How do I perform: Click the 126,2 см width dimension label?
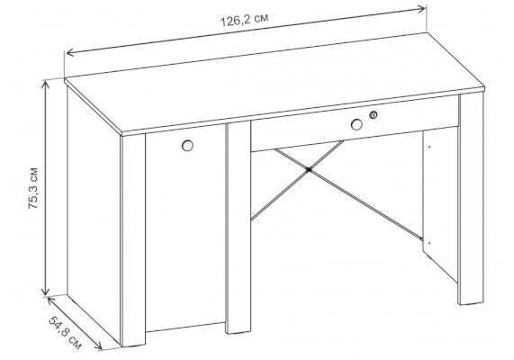(244, 20)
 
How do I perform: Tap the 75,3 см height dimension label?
(33, 188)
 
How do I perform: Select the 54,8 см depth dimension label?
(65, 332)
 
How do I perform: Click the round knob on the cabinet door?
(187, 146)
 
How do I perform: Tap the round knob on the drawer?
(356, 124)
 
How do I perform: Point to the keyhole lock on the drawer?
(373, 115)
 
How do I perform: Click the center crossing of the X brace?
(308, 169)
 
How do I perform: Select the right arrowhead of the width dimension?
(422, 8)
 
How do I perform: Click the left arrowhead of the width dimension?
(70, 52)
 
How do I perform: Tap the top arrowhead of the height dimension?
(45, 84)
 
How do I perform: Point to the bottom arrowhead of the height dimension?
(45, 291)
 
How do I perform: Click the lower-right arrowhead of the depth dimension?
(99, 346)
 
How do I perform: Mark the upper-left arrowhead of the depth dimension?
(50, 300)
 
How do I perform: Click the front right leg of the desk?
(472, 199)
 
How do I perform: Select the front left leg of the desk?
(133, 240)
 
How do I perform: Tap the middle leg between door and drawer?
(239, 227)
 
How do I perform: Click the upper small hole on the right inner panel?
(429, 147)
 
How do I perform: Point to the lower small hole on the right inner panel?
(429, 243)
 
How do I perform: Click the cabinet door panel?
(185, 229)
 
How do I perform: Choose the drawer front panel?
(355, 123)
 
